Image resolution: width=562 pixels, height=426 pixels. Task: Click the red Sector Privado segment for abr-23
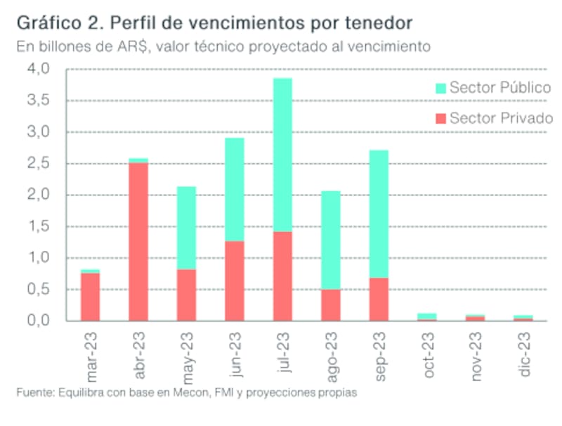138,241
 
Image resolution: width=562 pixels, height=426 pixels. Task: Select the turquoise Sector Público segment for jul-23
282,155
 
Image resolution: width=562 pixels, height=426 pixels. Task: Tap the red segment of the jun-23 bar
234,280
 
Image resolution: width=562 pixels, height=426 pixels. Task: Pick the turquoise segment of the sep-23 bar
378,214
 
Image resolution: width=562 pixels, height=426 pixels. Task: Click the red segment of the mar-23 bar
90,296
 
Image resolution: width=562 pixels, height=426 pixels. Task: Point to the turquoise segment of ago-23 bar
330,240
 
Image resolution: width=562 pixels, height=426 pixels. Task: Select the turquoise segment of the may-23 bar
186,228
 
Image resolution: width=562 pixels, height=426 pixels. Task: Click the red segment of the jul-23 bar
282,276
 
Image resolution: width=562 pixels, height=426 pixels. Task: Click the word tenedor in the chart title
379,24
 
